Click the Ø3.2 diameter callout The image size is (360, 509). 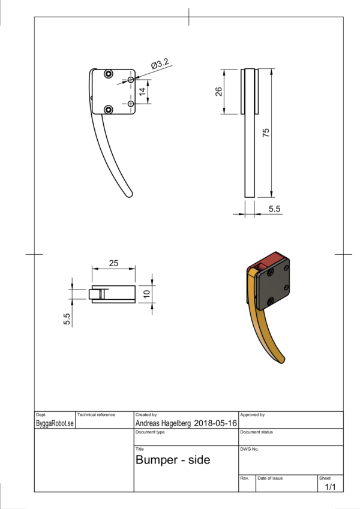tap(160, 64)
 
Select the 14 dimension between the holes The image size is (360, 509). tap(142, 92)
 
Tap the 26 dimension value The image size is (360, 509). tap(218, 92)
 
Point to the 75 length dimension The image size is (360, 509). tap(266, 132)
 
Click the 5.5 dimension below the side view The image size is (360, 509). tap(274, 209)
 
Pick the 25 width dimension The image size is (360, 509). tap(113, 263)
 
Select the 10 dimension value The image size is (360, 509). tap(146, 294)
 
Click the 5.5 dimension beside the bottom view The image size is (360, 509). tap(67, 319)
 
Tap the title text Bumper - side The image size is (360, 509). tap(173, 460)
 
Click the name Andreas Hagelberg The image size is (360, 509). tap(163, 423)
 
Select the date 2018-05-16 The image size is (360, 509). tap(215, 423)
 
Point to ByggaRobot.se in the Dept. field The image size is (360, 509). tap(55, 424)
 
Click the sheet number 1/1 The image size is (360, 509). tap(330, 487)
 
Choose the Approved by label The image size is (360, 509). tap(253, 415)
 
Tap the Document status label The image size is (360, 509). tap(257, 432)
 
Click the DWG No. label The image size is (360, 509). tap(250, 449)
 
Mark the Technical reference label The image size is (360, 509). tap(96, 415)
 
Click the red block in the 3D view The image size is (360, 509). tap(269, 260)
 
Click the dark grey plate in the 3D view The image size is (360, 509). tap(274, 284)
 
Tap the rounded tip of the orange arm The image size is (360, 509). tap(282, 360)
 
